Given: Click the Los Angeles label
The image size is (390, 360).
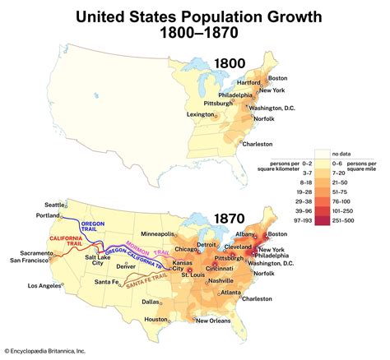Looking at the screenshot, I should pyautogui.click(x=45, y=285).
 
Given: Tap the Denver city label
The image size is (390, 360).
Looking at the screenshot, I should pyautogui.click(x=127, y=266).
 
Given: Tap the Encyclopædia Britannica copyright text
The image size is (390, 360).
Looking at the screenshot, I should pyautogui.click(x=52, y=353).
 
